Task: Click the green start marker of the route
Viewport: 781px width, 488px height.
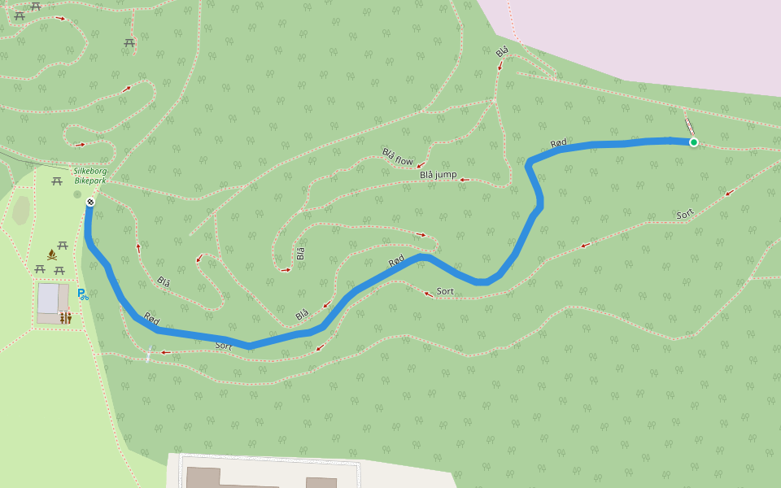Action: click(x=693, y=142)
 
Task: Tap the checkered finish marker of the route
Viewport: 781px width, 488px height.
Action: click(x=90, y=202)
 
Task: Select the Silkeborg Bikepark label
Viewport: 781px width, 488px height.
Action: click(x=90, y=175)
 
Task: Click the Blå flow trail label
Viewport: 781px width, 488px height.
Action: click(x=398, y=157)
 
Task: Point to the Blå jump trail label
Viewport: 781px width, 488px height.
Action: click(x=438, y=175)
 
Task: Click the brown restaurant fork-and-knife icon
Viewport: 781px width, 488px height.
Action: click(x=66, y=318)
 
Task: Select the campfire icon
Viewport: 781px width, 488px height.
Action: click(x=52, y=255)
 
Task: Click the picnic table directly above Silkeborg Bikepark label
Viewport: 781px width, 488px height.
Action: click(x=57, y=181)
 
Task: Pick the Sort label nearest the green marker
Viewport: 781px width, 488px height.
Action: click(x=685, y=215)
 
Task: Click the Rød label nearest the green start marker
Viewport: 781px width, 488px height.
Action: click(x=558, y=143)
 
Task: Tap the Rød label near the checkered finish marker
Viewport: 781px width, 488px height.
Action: click(x=151, y=316)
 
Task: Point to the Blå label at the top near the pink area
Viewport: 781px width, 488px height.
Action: click(x=502, y=52)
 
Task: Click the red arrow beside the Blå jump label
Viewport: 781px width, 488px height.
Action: click(x=465, y=180)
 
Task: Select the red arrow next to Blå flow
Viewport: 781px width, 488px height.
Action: click(x=421, y=166)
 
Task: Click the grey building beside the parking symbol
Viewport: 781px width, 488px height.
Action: click(x=48, y=298)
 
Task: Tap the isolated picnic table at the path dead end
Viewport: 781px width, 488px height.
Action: click(x=129, y=42)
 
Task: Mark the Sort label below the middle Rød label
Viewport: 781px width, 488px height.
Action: click(x=445, y=291)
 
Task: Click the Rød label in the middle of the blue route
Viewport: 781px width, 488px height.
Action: click(x=396, y=261)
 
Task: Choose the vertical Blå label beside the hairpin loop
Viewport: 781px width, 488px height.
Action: click(x=300, y=252)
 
